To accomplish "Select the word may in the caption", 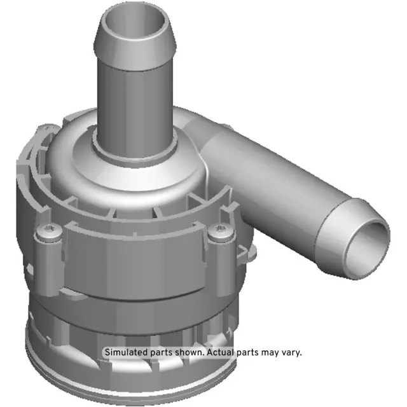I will pyautogui.click(x=272, y=352).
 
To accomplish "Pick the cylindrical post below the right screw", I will pyautogui.click(x=220, y=261).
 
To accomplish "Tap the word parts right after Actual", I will pyautogui.click(x=250, y=352).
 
